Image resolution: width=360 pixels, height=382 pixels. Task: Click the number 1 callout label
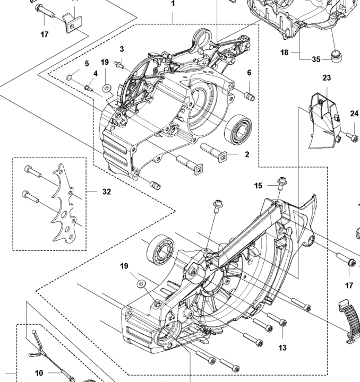tap(173, 4)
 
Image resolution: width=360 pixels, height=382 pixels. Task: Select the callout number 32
tap(107, 192)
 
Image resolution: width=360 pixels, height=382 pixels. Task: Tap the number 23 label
tap(327, 77)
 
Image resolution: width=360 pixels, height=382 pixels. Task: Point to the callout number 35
tap(316, 59)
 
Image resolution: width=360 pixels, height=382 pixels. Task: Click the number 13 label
tap(282, 348)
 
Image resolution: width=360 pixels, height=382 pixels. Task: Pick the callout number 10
tap(39, 373)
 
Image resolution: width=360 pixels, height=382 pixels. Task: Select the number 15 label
tap(258, 185)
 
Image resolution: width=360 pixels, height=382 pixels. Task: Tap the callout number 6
tap(248, 72)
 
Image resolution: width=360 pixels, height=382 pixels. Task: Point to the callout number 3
tap(122, 49)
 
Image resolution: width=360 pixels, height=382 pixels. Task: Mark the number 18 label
tap(285, 53)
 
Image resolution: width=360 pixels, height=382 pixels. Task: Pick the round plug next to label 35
tap(335, 55)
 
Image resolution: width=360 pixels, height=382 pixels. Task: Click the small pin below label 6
tap(249, 97)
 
